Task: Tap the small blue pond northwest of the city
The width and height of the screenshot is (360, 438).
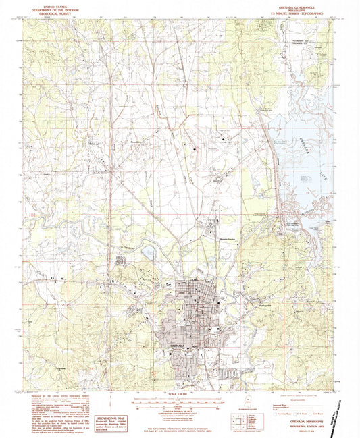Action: [148, 253]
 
